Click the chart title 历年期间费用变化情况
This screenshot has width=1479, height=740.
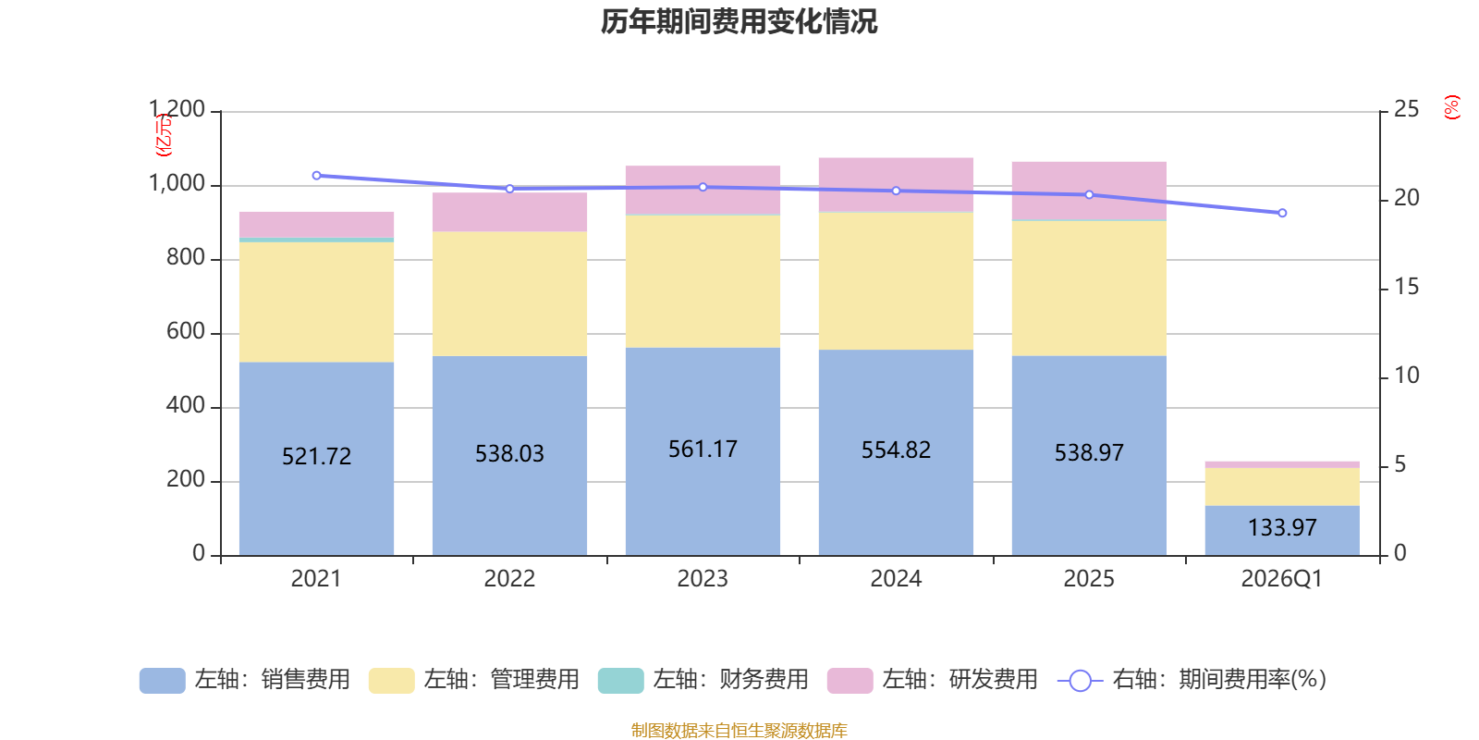[739, 22]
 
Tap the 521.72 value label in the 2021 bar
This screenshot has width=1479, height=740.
[316, 457]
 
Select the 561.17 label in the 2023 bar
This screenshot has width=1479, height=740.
[703, 450]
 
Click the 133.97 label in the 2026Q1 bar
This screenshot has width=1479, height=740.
[1282, 527]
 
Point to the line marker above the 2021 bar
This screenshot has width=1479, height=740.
[316, 176]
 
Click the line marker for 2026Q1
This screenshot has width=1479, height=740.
[1282, 213]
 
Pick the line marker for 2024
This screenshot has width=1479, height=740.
[896, 191]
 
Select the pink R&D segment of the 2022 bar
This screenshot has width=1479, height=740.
[509, 212]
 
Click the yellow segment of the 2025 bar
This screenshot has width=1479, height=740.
[1089, 289]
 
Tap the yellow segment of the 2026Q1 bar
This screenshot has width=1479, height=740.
[1282, 487]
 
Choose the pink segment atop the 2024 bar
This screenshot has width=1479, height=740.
[896, 184]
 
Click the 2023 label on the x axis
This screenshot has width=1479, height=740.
[703, 579]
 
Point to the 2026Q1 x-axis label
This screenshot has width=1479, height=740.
[1282, 579]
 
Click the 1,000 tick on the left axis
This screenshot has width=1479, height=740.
[177, 184]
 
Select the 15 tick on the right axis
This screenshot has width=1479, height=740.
[1406, 287]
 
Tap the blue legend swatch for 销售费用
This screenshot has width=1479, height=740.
[163, 681]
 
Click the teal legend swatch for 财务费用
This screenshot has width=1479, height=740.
[620, 681]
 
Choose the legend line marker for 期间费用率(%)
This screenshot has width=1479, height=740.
[1081, 681]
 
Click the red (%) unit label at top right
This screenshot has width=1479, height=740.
[1451, 107]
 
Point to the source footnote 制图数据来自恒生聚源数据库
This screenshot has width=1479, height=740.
[739, 730]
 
